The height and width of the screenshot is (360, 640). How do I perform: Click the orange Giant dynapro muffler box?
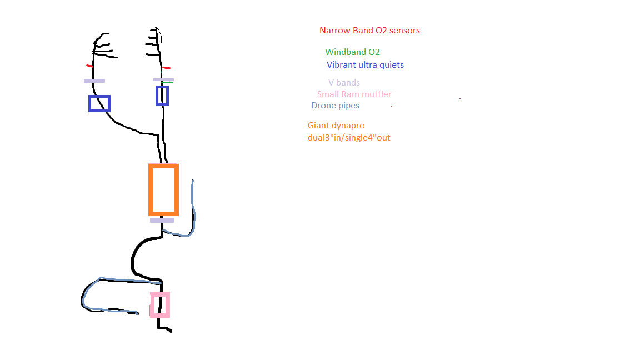pyautogui.click(x=150, y=190)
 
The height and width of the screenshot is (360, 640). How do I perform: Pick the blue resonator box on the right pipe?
pyautogui.click(x=157, y=96)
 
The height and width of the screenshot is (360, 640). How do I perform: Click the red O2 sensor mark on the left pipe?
pyautogui.click(x=90, y=66)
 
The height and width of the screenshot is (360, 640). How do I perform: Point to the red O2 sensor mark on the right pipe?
pyautogui.click(x=166, y=68)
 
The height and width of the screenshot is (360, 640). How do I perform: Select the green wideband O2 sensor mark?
pyautogui.click(x=167, y=83)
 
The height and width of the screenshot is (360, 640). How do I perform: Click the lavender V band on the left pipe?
pyautogui.click(x=94, y=81)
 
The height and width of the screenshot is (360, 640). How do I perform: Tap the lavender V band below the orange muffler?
pyautogui.click(x=162, y=221)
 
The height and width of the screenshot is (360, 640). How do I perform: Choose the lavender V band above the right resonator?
pyautogui.click(x=163, y=79)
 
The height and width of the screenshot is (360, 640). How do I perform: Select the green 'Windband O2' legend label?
pyautogui.click(x=353, y=52)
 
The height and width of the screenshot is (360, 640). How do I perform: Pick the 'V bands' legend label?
pyautogui.click(x=344, y=83)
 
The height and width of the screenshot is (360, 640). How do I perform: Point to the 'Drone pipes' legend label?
pyautogui.click(x=336, y=106)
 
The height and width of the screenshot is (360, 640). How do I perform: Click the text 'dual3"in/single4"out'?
pyautogui.click(x=349, y=138)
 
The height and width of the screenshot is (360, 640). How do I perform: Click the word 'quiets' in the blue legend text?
pyautogui.click(x=392, y=66)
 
